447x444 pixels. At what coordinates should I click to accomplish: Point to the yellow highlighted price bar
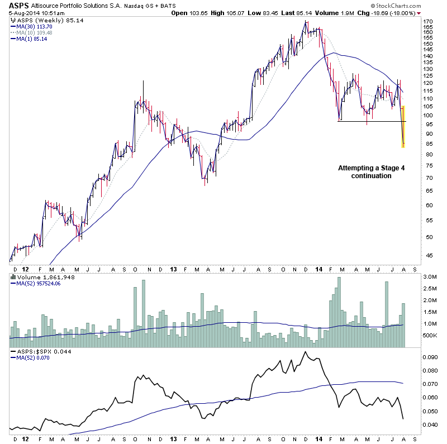click(x=403, y=126)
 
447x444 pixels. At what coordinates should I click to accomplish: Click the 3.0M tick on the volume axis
click(x=429, y=277)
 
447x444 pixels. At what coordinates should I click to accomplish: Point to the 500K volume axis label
click(x=429, y=336)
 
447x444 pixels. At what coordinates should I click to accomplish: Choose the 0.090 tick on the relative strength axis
click(x=429, y=357)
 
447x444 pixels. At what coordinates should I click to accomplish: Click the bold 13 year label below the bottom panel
click(x=174, y=439)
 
